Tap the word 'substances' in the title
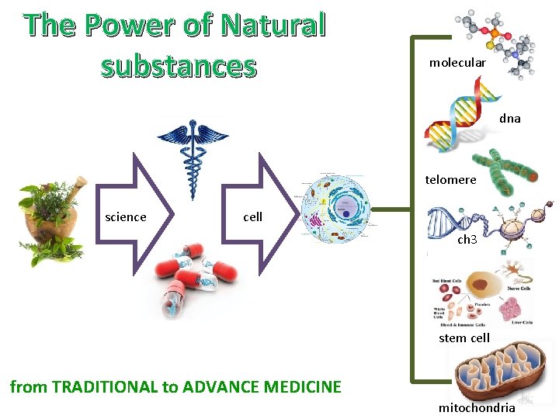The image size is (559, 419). point(178,66)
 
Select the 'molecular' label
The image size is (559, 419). point(457,62)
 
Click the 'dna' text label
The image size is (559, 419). point(510,119)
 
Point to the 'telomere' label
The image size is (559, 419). point(450,180)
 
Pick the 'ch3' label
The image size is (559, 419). point(467,240)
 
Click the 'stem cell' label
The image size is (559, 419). point(464,338)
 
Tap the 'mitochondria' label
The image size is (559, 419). point(477,407)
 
